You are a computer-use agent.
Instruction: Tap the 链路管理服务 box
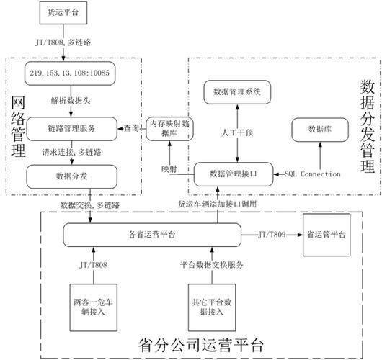click(x=71, y=127)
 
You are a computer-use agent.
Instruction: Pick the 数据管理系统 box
click(x=237, y=91)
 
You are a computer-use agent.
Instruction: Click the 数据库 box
click(x=319, y=130)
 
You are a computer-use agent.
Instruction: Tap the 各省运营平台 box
click(x=150, y=235)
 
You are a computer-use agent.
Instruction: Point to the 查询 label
click(x=130, y=127)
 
